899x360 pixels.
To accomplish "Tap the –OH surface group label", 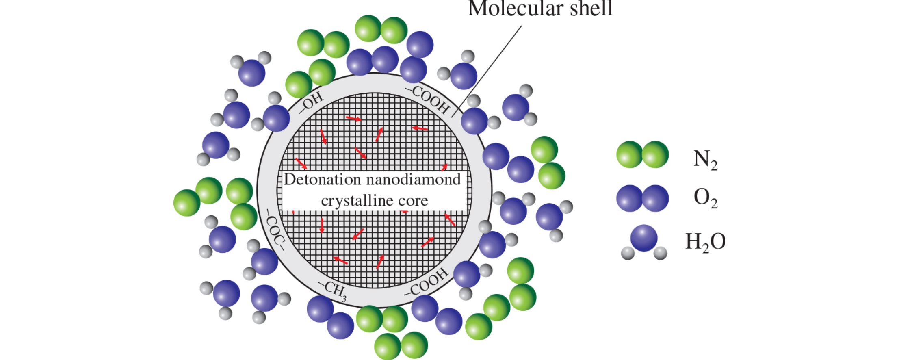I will tap(312, 102).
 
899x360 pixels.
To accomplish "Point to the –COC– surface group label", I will tap(275, 229).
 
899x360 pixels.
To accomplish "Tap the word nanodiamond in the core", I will tap(414, 179).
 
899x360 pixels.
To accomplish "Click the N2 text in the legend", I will tap(705, 159).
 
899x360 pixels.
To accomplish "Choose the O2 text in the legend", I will tap(705, 198).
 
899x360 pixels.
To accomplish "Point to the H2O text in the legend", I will tap(705, 242).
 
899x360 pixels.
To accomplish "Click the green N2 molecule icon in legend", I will tap(642, 154).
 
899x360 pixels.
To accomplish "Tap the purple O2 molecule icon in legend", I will tap(642, 198).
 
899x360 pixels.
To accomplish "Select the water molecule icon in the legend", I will tap(644, 242).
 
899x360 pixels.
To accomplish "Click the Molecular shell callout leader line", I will tap(487, 69).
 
